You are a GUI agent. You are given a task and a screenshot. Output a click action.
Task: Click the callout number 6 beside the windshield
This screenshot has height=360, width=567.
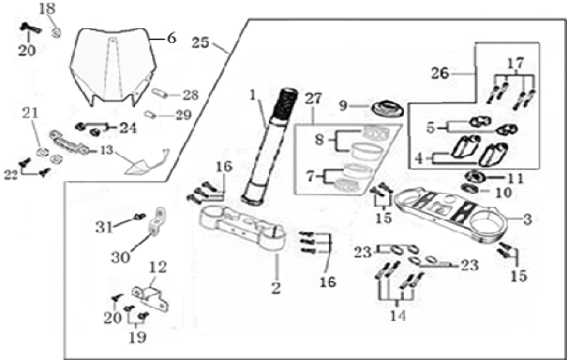tap(171, 38)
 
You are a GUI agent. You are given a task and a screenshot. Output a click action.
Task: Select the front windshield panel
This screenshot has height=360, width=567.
tap(113, 67)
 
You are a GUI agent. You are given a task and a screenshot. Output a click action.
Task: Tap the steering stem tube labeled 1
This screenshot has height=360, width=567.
tap(269, 145)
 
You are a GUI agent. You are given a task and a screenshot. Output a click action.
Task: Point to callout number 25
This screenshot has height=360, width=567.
tap(201, 43)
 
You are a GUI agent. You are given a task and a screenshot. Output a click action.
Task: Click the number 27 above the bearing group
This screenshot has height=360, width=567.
tap(314, 98)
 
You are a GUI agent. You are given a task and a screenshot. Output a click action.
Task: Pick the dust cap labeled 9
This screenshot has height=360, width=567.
tap(387, 108)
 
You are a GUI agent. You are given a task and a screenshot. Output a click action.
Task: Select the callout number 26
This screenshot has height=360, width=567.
tap(440, 74)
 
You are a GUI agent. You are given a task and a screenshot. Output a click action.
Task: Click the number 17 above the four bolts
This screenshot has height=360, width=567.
tap(515, 63)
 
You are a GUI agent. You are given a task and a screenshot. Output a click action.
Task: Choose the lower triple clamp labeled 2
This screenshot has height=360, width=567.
tap(243, 227)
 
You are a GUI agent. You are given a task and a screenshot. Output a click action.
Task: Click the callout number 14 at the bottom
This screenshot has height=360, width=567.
tap(397, 315)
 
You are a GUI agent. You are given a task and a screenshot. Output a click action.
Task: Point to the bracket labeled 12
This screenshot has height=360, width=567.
tap(150, 299)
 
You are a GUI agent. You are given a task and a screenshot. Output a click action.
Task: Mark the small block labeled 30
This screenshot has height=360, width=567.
tap(156, 221)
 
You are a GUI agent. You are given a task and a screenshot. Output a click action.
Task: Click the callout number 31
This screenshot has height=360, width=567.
tap(104, 227)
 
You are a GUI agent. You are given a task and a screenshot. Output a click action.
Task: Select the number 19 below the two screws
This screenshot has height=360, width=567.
tap(138, 337)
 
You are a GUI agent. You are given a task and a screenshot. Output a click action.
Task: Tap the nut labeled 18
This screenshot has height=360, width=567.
tap(56, 33)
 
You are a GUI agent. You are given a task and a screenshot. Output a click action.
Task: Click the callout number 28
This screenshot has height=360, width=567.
tap(191, 96)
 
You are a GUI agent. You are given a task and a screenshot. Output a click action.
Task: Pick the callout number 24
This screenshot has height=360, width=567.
tap(128, 128)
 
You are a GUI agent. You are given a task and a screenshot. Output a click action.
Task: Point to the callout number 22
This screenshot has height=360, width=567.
tap(11, 175)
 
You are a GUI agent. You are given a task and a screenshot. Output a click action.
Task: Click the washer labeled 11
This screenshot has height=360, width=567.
tap(472, 177)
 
